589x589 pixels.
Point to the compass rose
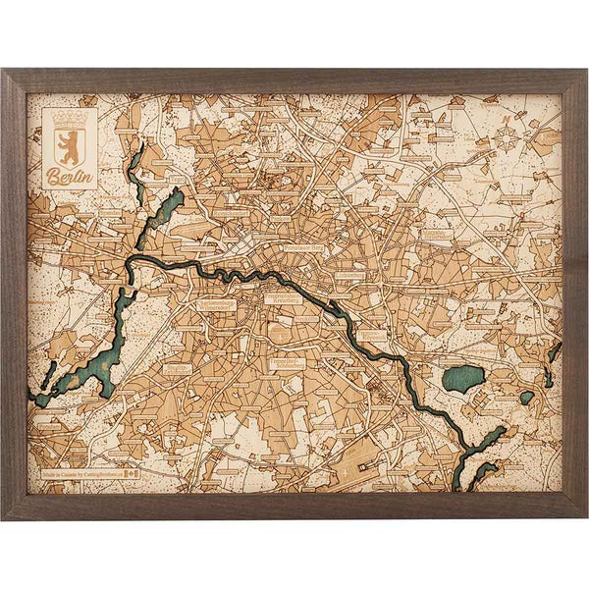coord(508,137)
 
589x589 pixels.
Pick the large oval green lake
coord(462,378)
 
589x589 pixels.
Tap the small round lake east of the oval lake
coord(527,397)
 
